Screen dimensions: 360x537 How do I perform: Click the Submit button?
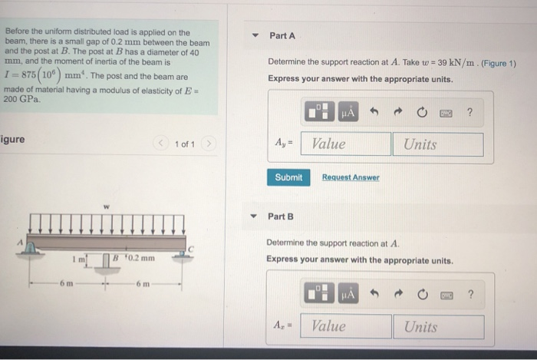point(288,177)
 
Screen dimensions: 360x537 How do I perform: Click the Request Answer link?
point(350,177)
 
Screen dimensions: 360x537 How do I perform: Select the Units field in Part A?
point(437,144)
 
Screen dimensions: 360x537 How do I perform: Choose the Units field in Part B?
point(439,326)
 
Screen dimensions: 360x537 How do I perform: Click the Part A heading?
point(282,36)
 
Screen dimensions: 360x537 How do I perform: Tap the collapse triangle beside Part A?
point(254,36)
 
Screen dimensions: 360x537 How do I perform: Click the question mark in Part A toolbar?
point(469,113)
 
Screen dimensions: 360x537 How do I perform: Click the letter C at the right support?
point(192,249)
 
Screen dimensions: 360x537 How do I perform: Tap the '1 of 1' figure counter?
point(184,144)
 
